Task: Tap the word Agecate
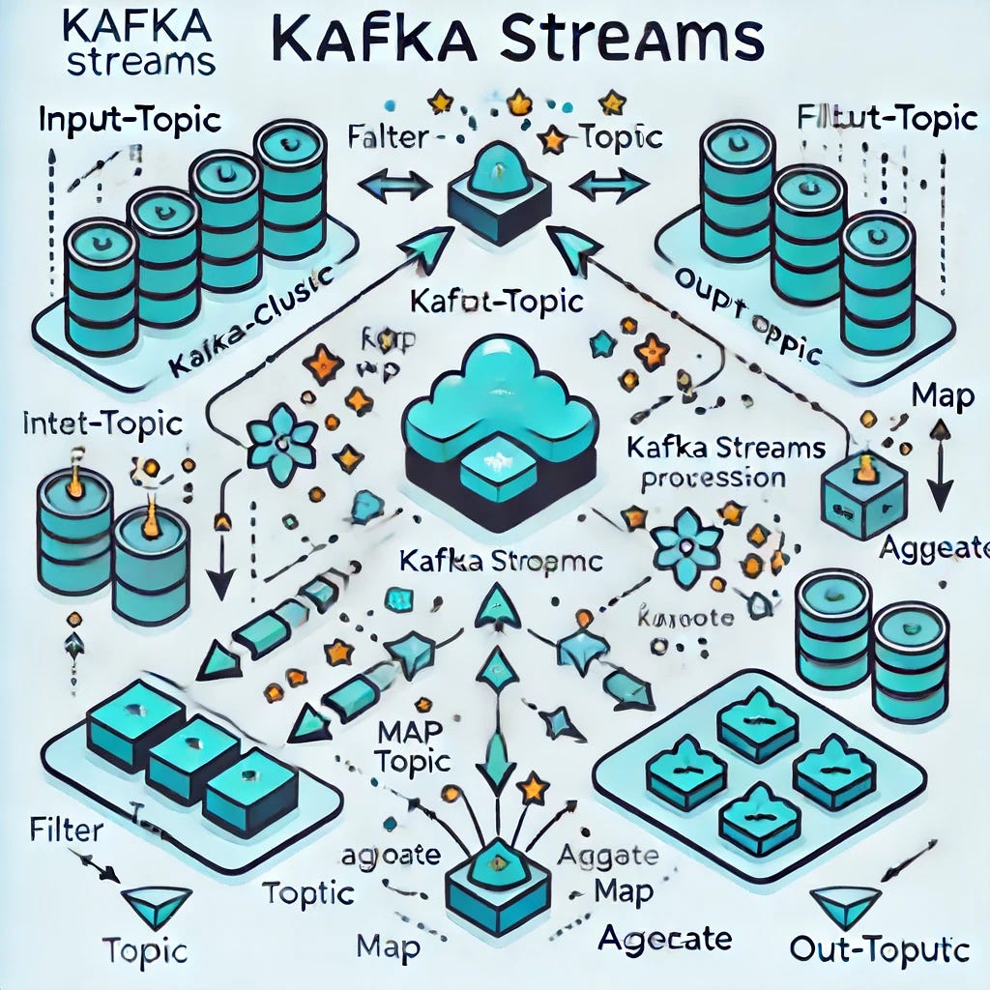[664, 937]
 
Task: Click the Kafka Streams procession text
[726, 462]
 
